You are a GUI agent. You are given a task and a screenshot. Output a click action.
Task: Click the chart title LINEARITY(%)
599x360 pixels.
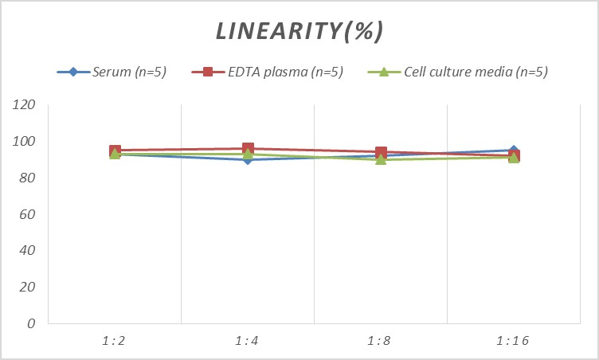pos(299,31)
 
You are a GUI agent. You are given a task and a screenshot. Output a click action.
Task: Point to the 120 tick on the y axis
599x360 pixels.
pos(25,105)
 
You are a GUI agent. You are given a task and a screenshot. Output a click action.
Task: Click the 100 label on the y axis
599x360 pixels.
pos(25,142)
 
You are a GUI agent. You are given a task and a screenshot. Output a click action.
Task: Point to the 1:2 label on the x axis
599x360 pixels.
pos(115,341)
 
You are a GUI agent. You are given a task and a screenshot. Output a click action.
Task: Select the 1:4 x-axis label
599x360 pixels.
pos(248,341)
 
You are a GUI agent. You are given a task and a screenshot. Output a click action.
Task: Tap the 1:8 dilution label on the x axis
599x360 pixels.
pos(381,341)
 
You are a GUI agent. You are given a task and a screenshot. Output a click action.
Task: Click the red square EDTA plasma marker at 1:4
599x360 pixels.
pos(248,149)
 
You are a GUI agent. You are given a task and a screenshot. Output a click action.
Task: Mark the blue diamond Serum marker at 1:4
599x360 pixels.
pos(248,159)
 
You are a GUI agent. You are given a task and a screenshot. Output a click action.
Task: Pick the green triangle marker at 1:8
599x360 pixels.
pos(381,159)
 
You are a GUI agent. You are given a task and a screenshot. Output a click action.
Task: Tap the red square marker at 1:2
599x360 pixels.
pos(115,151)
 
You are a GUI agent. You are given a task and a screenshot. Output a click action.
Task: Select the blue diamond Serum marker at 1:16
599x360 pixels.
pos(514,150)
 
